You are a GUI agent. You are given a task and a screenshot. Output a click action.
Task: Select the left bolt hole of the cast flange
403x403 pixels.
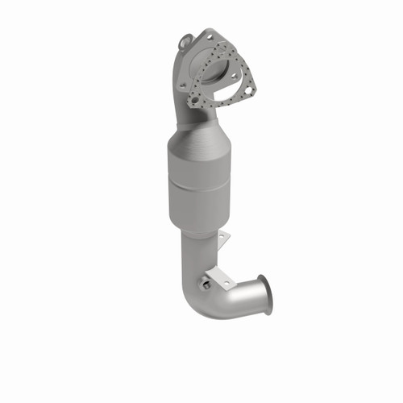pyautogui.click(x=182, y=85)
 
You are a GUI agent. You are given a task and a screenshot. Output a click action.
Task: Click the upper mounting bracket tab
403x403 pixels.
pyautogui.click(x=223, y=240)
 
